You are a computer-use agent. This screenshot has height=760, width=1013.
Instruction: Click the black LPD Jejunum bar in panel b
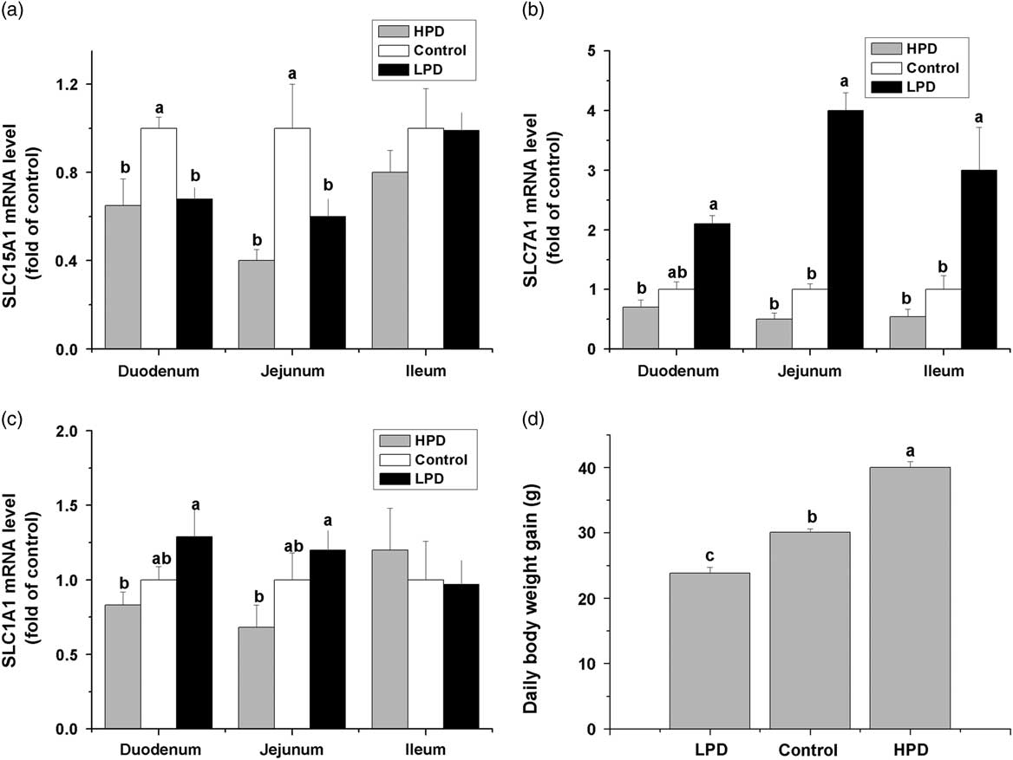[839, 230]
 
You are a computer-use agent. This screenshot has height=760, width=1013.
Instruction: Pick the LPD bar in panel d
[709, 650]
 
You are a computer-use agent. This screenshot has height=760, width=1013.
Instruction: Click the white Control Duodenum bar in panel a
[159, 238]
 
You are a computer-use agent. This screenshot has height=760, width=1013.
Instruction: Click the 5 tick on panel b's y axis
[590, 51]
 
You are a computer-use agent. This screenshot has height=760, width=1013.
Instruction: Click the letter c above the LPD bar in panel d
[709, 553]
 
